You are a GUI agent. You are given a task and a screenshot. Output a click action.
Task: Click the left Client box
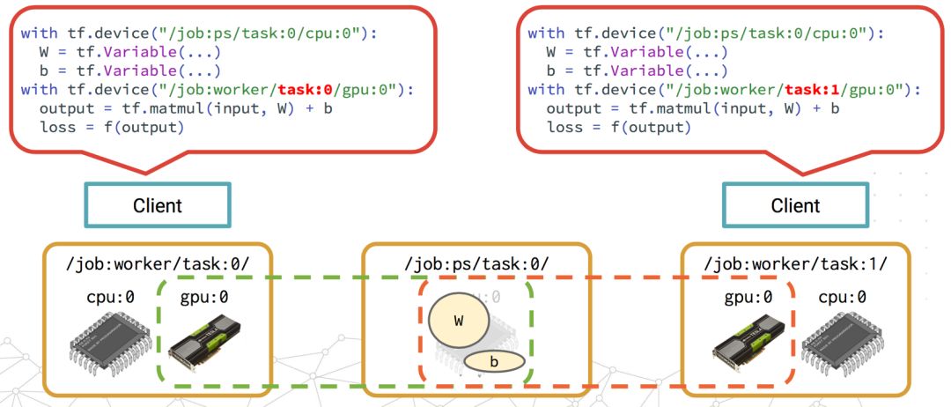158,205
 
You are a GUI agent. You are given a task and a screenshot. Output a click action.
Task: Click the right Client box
795,205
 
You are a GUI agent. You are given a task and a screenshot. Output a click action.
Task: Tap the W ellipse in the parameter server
458,320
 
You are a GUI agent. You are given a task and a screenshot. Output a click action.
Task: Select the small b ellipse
494,361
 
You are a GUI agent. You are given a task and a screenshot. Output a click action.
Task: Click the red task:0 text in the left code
304,90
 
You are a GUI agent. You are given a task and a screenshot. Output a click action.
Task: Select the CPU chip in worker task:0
104,346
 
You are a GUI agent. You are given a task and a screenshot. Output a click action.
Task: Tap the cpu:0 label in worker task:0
110,297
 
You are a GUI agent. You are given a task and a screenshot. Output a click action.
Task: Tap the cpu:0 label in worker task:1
843,297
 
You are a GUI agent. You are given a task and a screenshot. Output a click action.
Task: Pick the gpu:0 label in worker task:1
748,297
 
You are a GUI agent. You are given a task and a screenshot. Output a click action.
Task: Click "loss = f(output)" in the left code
111,128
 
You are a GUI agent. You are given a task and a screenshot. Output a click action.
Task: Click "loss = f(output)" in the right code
618,128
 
